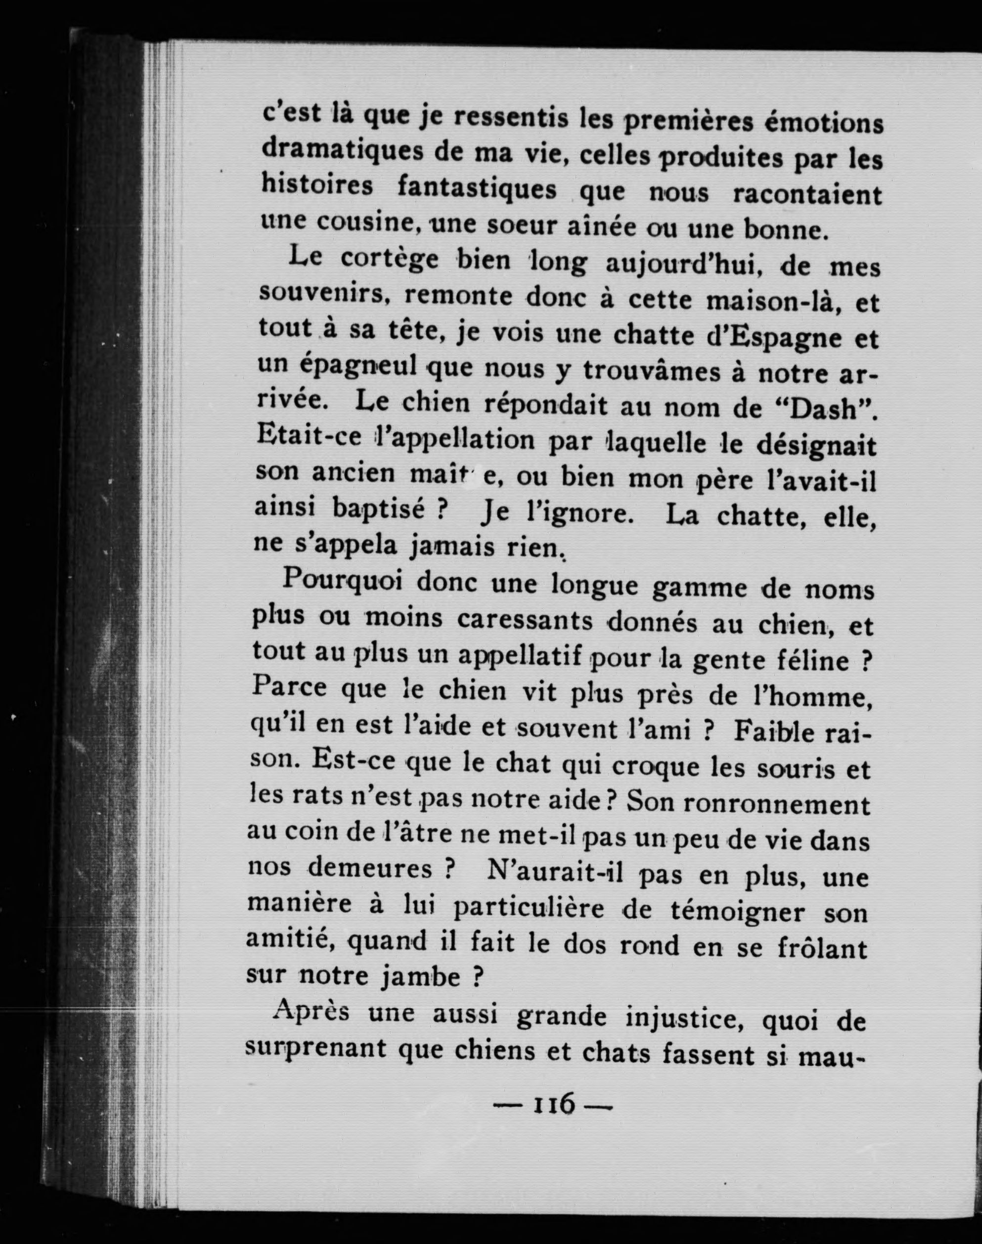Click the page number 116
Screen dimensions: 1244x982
(555, 1120)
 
